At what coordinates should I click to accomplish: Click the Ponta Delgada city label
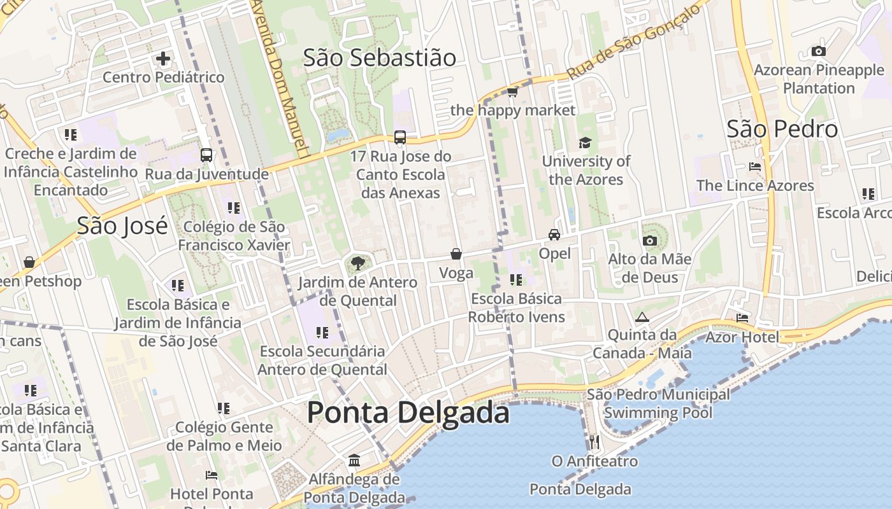click(x=408, y=413)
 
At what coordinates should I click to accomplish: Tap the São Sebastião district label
click(x=379, y=58)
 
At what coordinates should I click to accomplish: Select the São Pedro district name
click(x=782, y=129)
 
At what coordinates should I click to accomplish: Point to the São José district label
click(x=122, y=226)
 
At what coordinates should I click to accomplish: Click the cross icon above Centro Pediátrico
click(x=163, y=59)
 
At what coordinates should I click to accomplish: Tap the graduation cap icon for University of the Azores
click(x=585, y=143)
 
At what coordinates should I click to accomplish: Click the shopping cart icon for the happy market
click(x=512, y=92)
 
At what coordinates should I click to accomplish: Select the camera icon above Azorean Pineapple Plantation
click(x=819, y=52)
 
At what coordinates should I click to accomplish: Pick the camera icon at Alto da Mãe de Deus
click(x=649, y=241)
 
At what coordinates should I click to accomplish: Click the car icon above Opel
click(x=554, y=235)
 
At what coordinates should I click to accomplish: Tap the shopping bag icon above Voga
click(x=456, y=254)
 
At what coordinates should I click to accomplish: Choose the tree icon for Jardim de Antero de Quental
click(x=357, y=263)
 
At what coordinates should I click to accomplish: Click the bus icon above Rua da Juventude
click(x=206, y=155)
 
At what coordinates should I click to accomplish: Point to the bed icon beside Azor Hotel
click(x=742, y=317)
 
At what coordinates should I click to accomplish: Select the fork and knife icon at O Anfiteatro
click(x=594, y=442)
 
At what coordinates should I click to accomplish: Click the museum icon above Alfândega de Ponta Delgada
click(x=354, y=460)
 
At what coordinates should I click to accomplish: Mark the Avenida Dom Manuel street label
click(x=281, y=76)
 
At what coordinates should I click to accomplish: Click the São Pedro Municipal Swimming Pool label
click(x=658, y=403)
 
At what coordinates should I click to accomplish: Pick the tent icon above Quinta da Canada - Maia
click(x=642, y=317)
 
